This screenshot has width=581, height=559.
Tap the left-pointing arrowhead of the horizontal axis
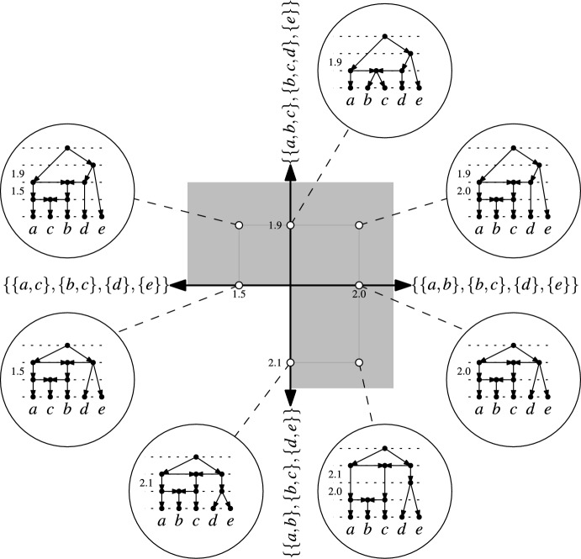point(179,287)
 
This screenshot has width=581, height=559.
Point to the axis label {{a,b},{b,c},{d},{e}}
point(494,287)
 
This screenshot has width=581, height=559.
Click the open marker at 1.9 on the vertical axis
point(290,225)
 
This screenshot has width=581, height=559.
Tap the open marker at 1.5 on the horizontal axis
point(240,287)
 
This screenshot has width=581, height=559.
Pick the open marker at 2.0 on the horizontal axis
point(359,287)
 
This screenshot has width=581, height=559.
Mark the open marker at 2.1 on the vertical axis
point(290,362)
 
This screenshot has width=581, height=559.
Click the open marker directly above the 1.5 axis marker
point(240,225)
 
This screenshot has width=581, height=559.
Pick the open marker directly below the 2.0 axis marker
point(359,362)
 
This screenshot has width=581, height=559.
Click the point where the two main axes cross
point(290,287)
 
